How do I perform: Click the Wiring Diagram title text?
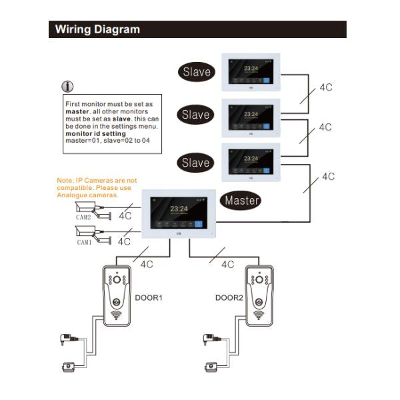point(97,29)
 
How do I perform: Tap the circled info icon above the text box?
point(67,87)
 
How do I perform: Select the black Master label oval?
point(242,199)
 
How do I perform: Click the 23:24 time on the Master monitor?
point(179,209)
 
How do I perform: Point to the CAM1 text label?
point(84,243)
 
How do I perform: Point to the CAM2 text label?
point(84,217)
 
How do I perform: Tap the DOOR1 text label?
point(149,297)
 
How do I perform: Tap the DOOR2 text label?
point(228,297)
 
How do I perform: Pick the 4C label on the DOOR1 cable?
point(147,264)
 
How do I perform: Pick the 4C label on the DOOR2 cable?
point(227,264)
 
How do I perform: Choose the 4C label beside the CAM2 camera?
point(125,217)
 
